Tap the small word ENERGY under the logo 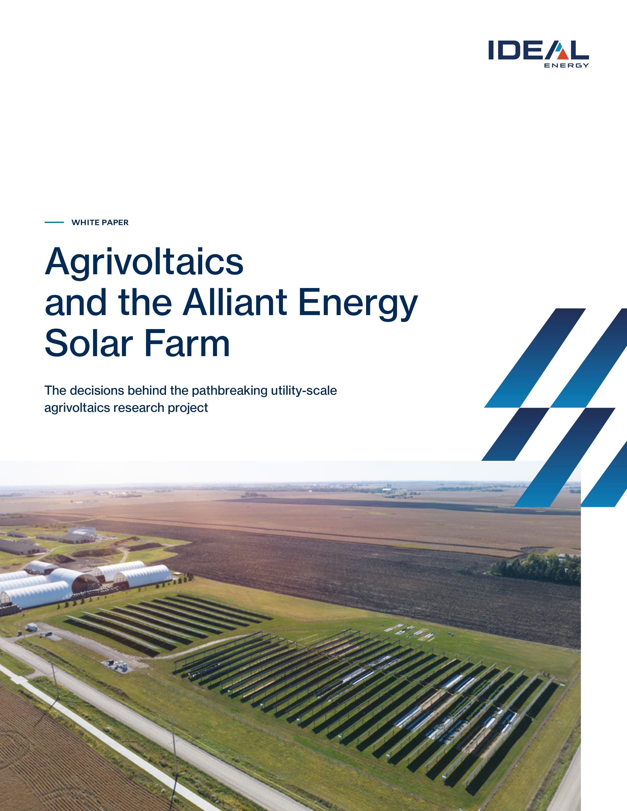[x=567, y=65]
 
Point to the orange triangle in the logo [x=563, y=54]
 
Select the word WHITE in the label [x=85, y=222]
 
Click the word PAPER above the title [x=115, y=222]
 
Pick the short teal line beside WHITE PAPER [x=54, y=222]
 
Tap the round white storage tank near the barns [x=84, y=531]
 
